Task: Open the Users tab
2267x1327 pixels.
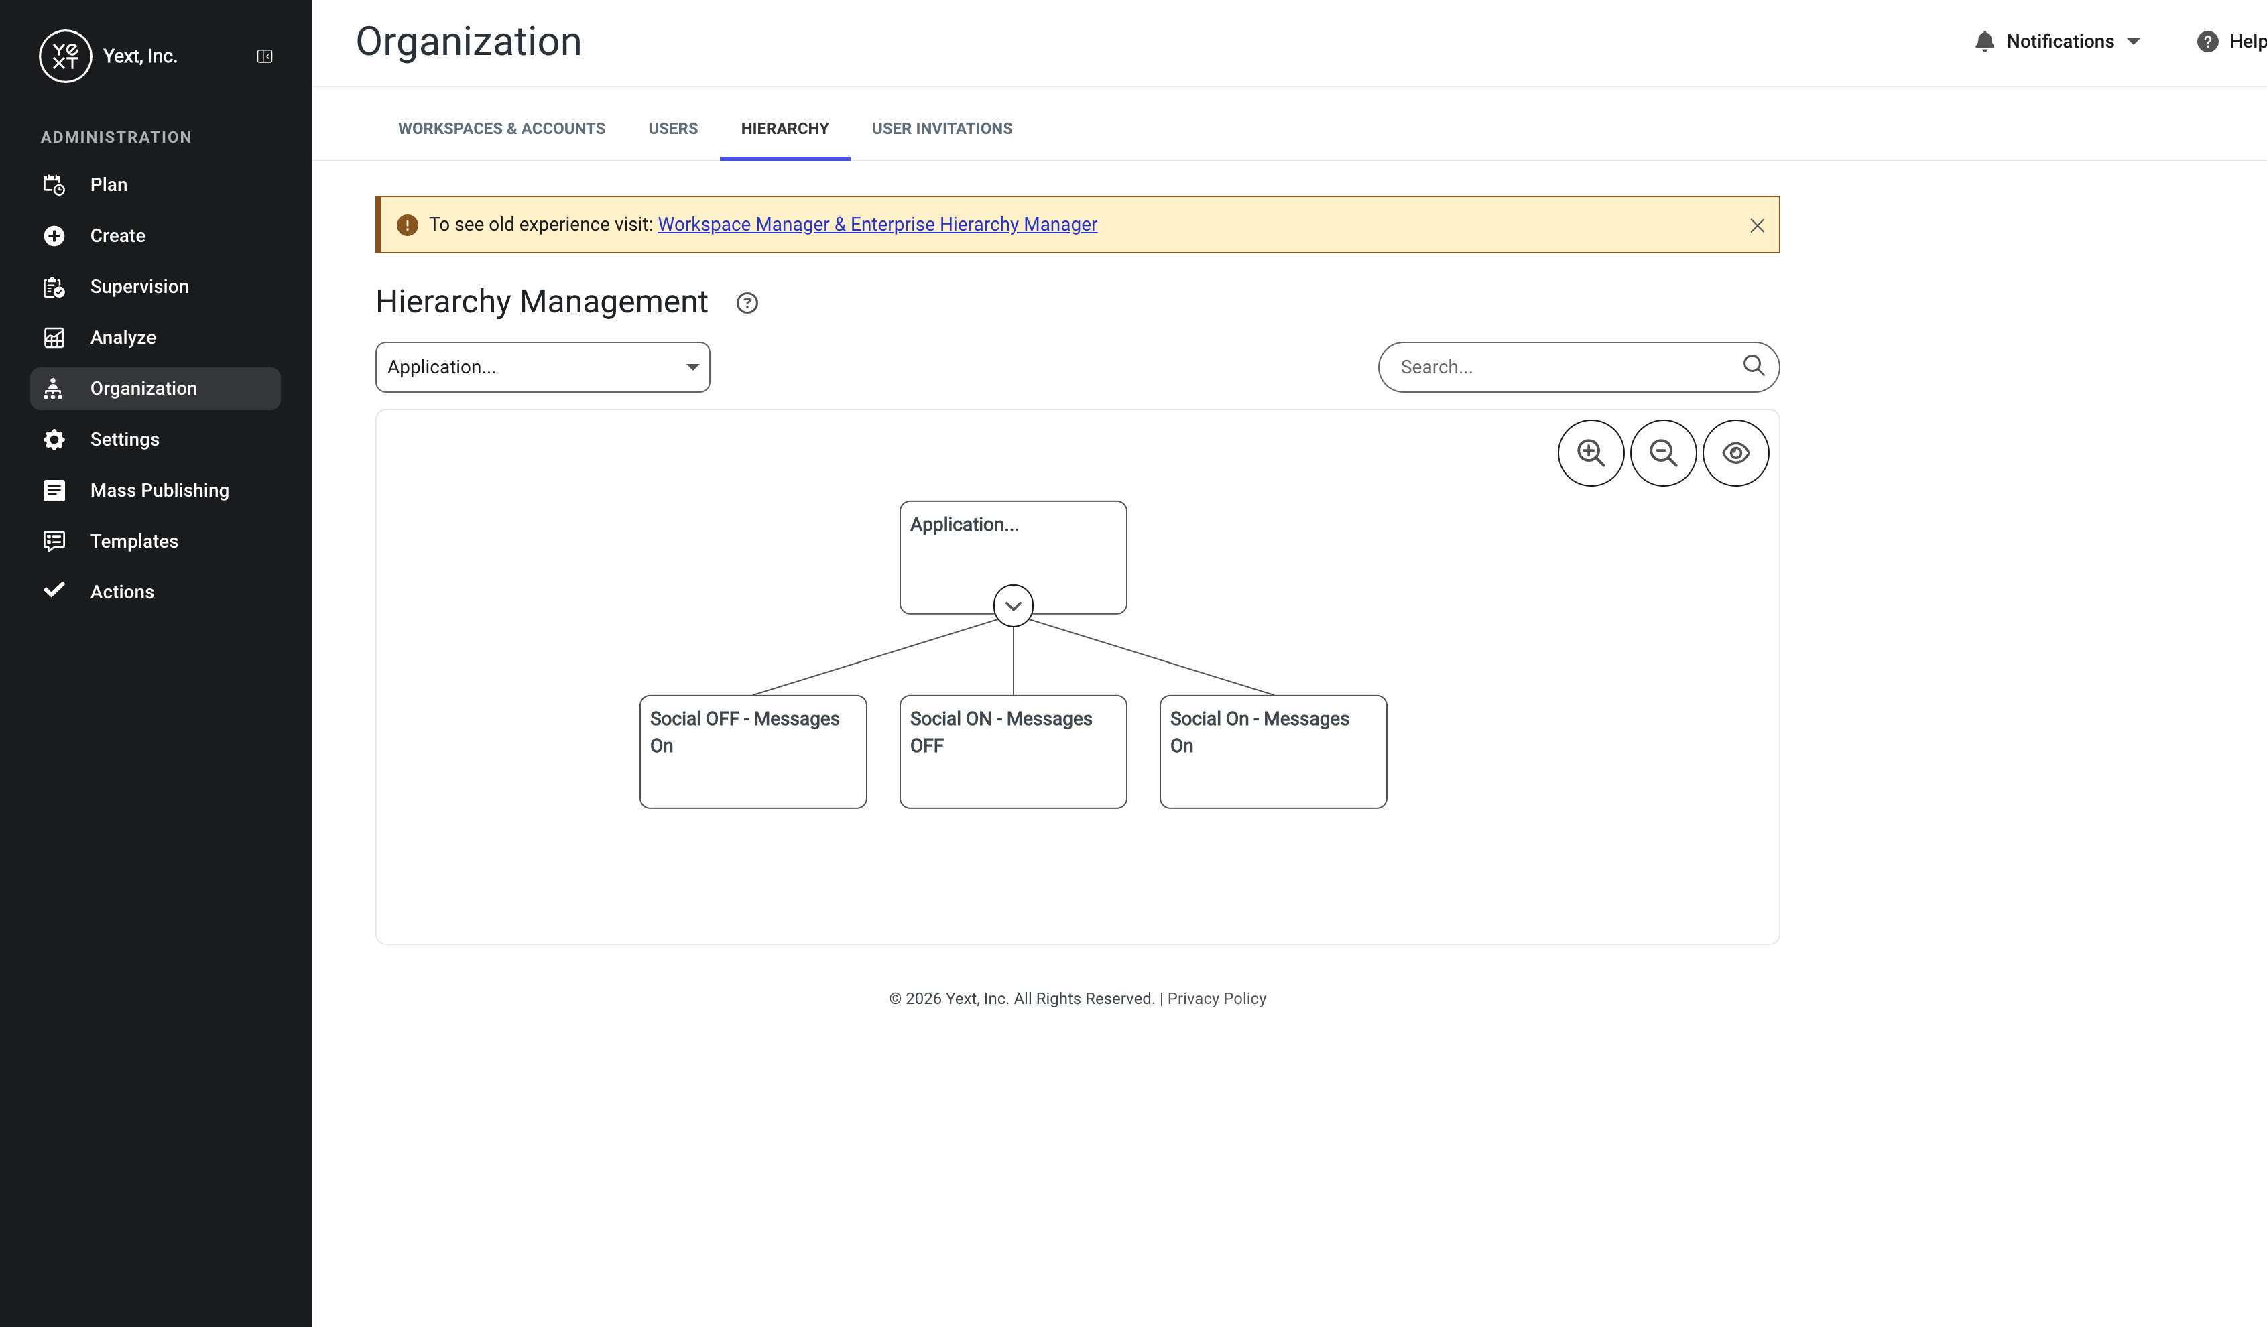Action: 673,129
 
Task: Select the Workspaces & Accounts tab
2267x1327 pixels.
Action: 502,129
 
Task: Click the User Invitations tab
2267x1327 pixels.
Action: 942,129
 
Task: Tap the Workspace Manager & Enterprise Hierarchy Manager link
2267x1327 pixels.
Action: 877,224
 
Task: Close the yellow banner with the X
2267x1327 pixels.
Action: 1757,226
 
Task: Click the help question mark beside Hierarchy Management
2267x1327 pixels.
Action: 747,303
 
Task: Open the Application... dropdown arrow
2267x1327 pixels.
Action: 692,367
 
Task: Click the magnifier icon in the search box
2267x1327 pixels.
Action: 1754,365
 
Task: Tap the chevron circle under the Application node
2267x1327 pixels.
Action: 1013,605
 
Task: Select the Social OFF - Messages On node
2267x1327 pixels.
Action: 753,751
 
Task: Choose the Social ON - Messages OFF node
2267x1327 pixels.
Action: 1013,751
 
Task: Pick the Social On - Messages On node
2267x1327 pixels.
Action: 1273,751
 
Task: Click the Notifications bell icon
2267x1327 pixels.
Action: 1985,42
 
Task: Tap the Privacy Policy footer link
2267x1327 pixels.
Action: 1216,999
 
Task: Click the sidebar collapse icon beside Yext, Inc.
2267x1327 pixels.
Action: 265,57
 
